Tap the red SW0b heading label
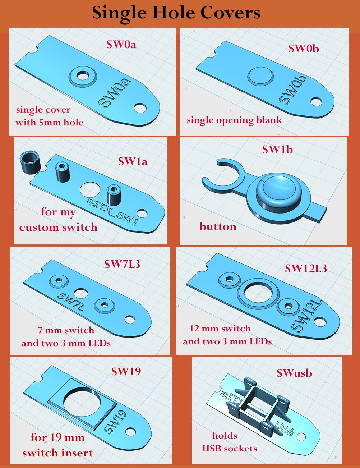pyautogui.click(x=304, y=48)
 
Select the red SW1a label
pyautogui.click(x=133, y=161)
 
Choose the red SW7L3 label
pyautogui.click(x=122, y=264)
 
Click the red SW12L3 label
pyautogui.click(x=306, y=268)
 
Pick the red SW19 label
pyautogui.click(x=126, y=371)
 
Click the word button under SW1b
pyautogui.click(x=218, y=226)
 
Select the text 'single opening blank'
pyautogui.click(x=234, y=120)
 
